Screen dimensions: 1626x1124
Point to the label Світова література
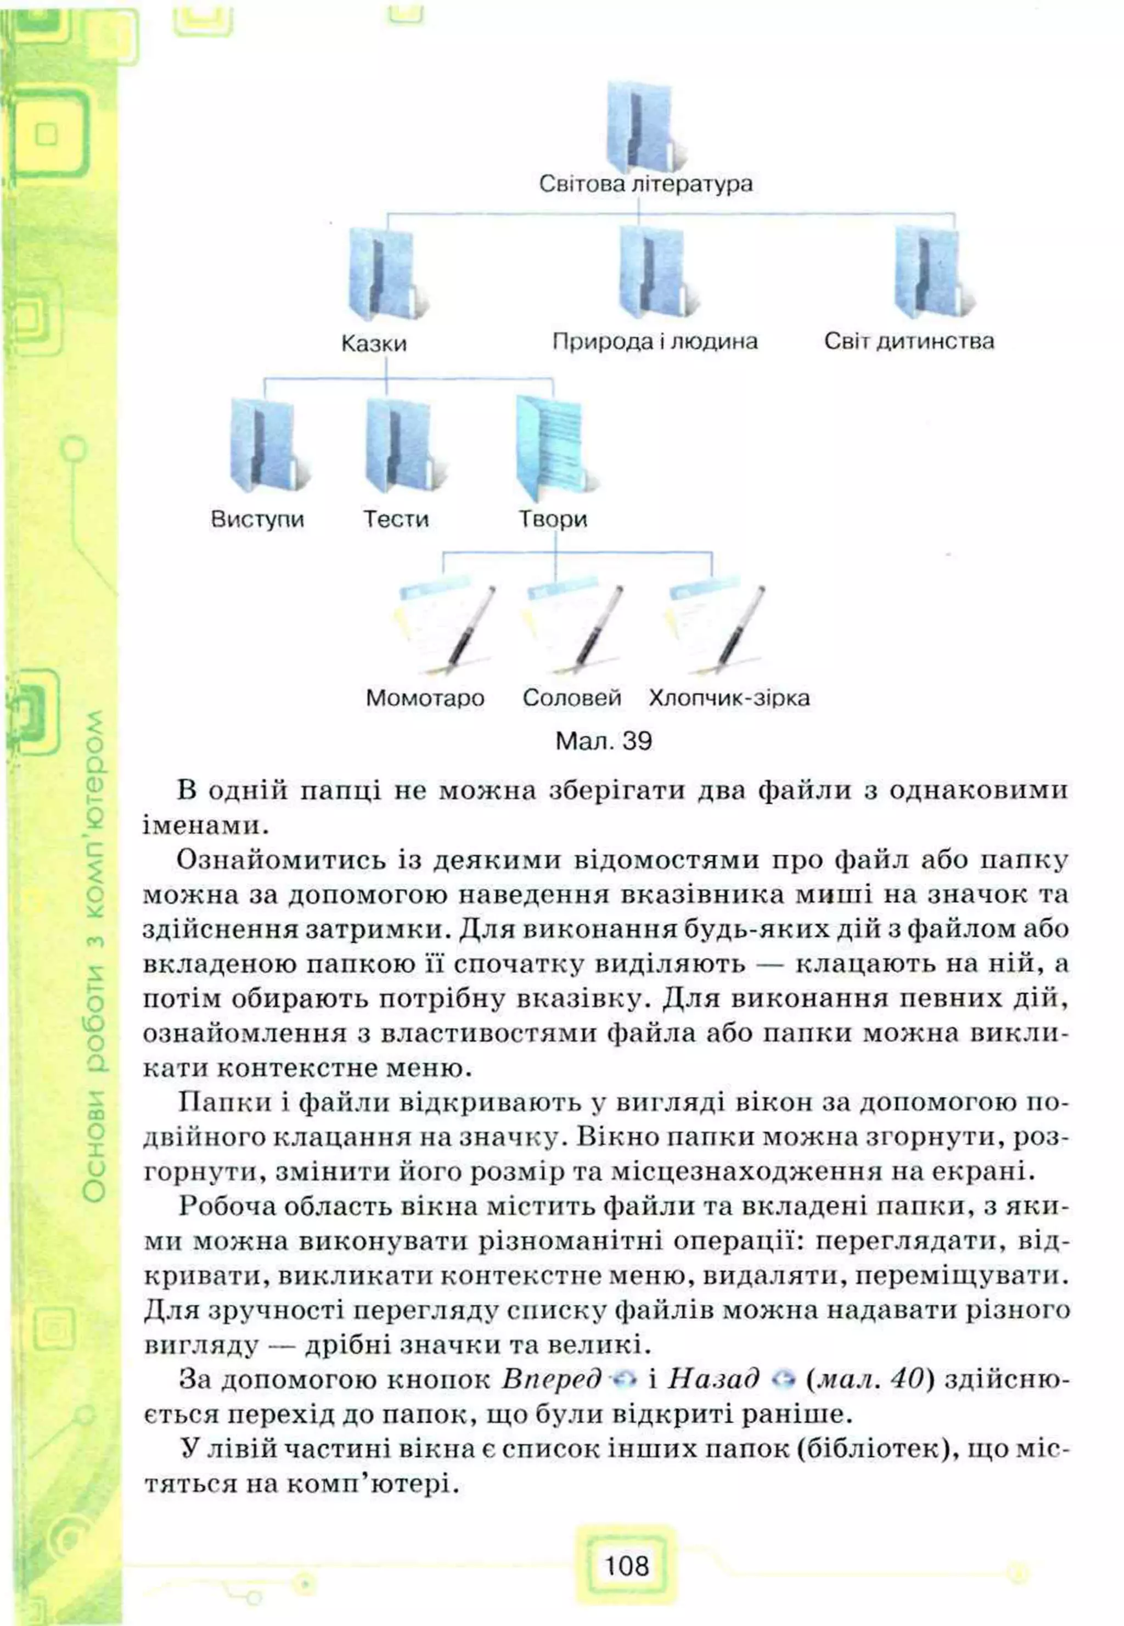[x=645, y=185]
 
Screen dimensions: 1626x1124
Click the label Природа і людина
[x=654, y=342]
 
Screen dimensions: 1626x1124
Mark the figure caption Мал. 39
[x=604, y=741]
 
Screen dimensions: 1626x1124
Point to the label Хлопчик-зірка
[x=729, y=698]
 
